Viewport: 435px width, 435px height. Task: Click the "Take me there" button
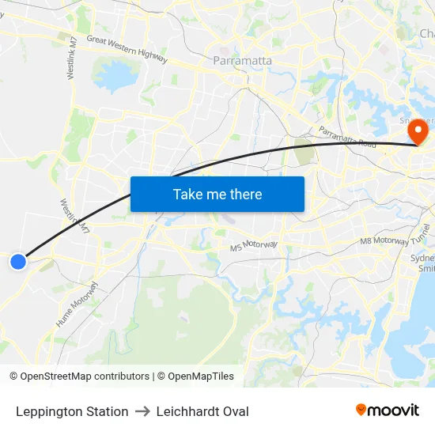217,194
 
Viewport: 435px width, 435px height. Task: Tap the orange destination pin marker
417,130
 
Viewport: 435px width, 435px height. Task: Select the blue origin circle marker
18,261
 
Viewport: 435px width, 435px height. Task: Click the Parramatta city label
243,60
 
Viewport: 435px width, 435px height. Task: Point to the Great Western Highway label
127,49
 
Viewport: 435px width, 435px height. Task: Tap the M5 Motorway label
254,245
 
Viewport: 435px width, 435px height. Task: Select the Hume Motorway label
77,304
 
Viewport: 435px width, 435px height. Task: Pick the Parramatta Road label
347,137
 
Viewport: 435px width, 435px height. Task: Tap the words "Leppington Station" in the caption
72,411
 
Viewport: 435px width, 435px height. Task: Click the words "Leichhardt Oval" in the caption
202,411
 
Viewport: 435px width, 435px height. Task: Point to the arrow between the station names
142,411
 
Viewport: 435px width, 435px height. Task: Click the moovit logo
388,410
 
